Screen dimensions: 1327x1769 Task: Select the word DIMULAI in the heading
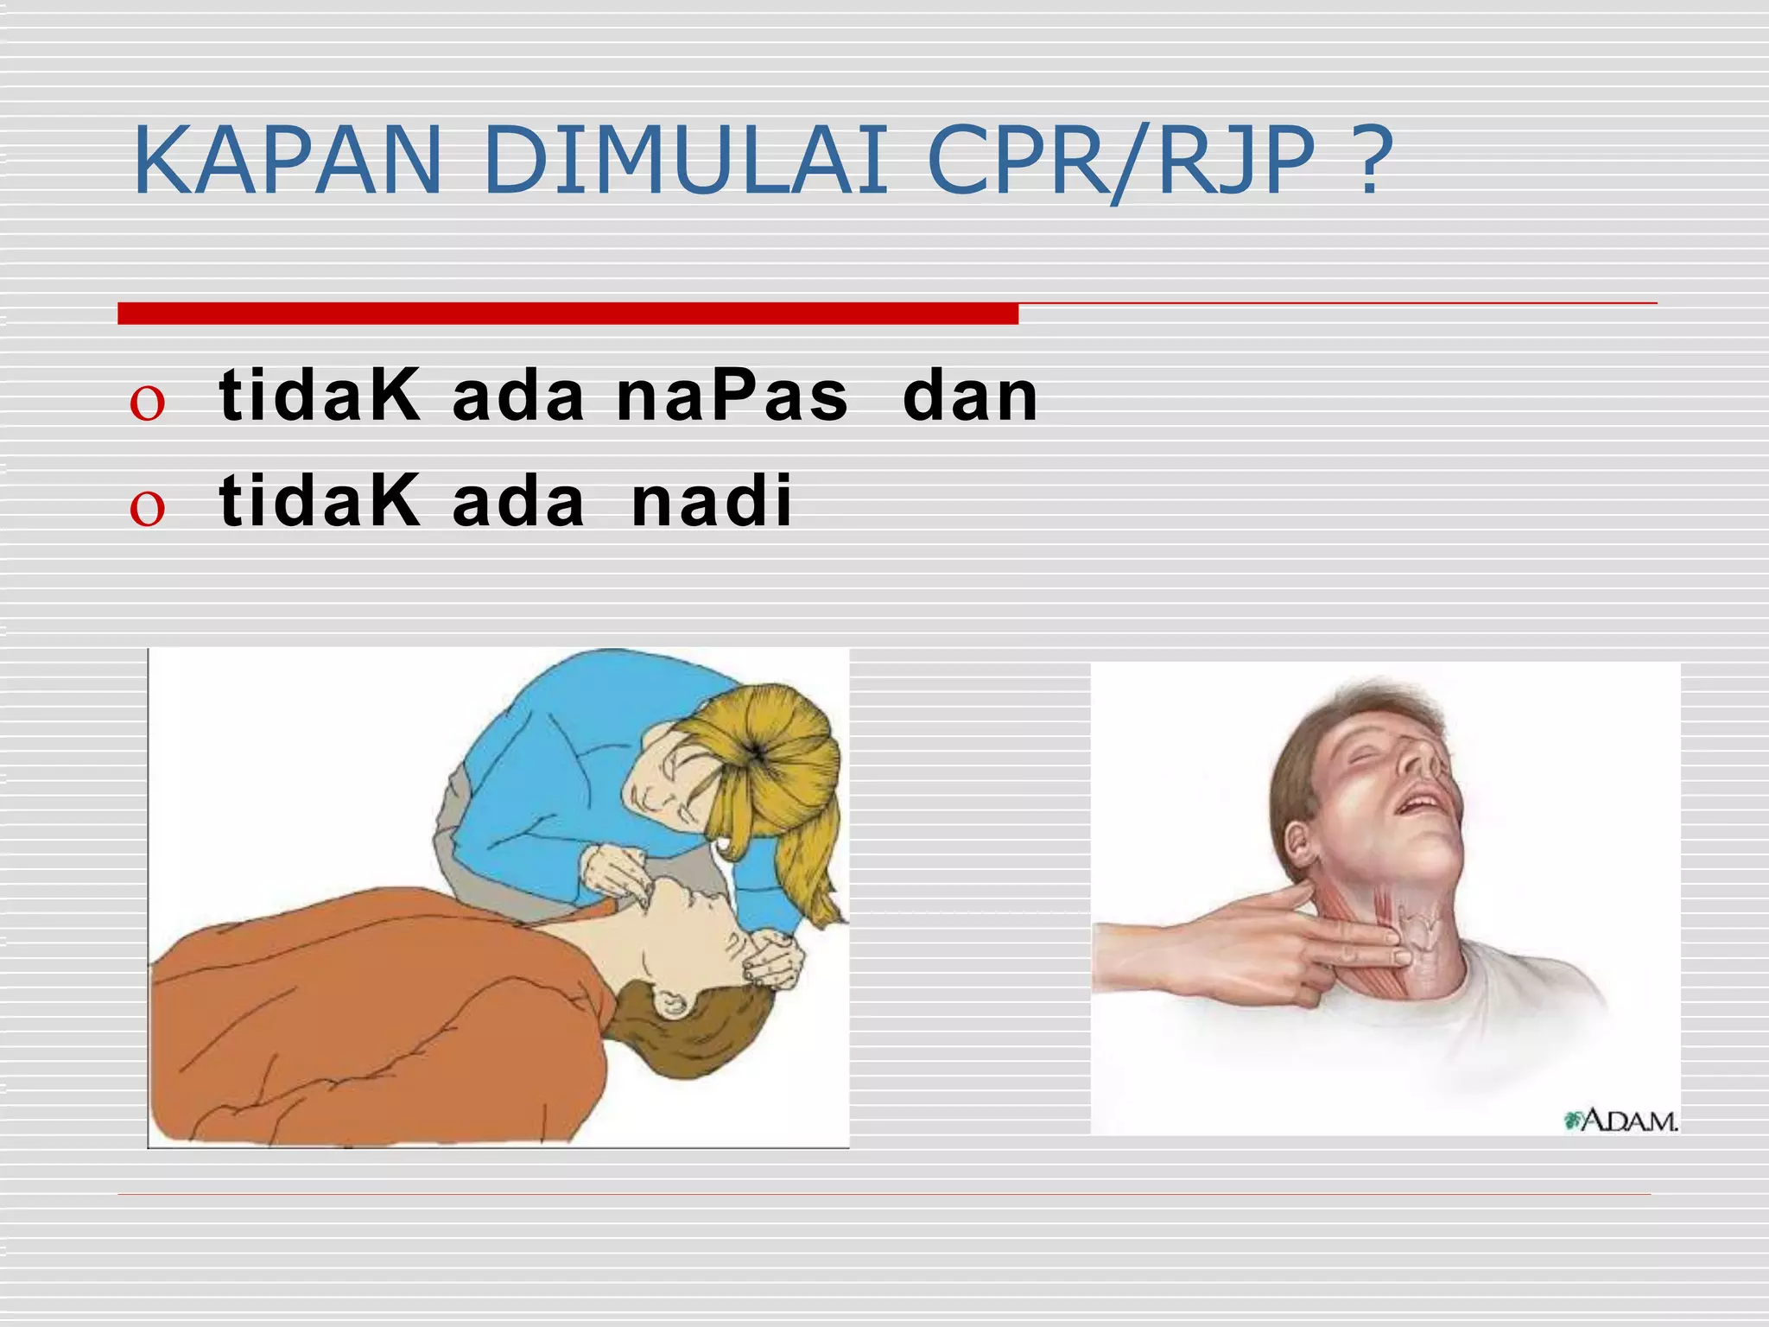[687, 162]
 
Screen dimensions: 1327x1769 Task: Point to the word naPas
[732, 397]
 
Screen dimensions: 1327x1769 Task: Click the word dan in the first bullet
[969, 397]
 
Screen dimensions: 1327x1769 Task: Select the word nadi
[712, 502]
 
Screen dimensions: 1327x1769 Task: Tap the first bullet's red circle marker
[147, 403]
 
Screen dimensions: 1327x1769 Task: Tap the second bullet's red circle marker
[147, 508]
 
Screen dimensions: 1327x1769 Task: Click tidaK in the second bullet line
[320, 502]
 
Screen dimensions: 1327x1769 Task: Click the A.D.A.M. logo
[1621, 1121]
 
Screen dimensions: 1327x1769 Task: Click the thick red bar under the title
[567, 314]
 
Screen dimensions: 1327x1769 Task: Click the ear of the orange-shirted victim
[672, 1004]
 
